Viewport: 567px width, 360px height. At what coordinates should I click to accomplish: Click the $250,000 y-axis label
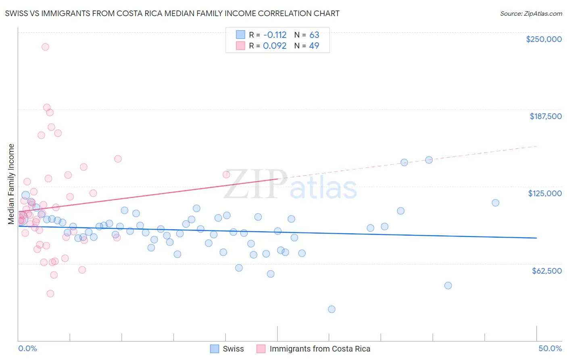click(x=544, y=39)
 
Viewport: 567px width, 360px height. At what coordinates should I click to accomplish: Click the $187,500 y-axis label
click(x=545, y=116)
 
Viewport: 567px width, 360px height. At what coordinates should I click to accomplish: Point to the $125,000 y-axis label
click(x=545, y=193)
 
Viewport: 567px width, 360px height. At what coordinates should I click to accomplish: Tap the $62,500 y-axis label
click(x=546, y=271)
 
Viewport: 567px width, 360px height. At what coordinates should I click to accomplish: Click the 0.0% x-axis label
click(x=27, y=348)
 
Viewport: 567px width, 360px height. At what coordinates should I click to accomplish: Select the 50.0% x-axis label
click(x=550, y=348)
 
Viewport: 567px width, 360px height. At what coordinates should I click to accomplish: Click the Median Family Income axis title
click(x=11, y=184)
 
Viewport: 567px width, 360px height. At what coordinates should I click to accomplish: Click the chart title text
click(x=172, y=13)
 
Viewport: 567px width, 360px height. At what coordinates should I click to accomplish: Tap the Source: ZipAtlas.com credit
click(x=531, y=13)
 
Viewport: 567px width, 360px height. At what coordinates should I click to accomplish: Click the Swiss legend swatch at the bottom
click(x=215, y=349)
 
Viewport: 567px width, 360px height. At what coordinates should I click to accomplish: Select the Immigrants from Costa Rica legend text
click(x=320, y=349)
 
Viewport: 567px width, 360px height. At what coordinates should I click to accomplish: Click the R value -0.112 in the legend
click(x=275, y=35)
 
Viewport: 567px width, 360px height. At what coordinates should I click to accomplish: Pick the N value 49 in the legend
click(x=314, y=46)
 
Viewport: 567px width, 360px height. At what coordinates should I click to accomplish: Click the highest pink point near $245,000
click(x=45, y=47)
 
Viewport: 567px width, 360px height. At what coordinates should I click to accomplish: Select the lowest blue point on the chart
click(x=331, y=309)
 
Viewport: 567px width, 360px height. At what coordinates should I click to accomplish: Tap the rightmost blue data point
click(x=496, y=203)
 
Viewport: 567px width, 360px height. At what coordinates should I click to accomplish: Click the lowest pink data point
click(x=50, y=293)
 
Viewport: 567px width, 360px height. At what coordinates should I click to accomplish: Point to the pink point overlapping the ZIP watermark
click(x=226, y=174)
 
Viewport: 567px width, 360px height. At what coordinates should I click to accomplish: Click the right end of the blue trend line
click(x=536, y=238)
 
